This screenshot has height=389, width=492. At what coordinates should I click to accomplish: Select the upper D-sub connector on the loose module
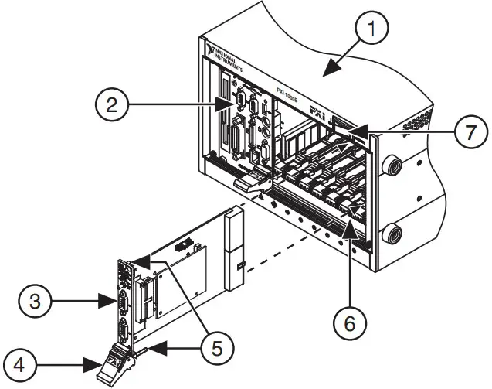point(121,297)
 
